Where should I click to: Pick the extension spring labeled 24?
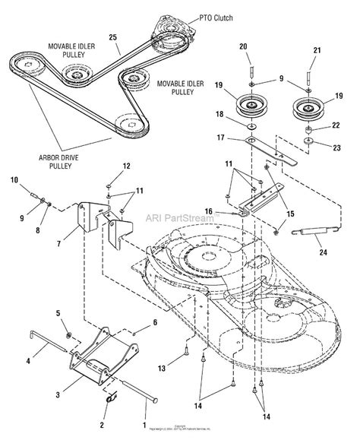coord(311,231)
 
